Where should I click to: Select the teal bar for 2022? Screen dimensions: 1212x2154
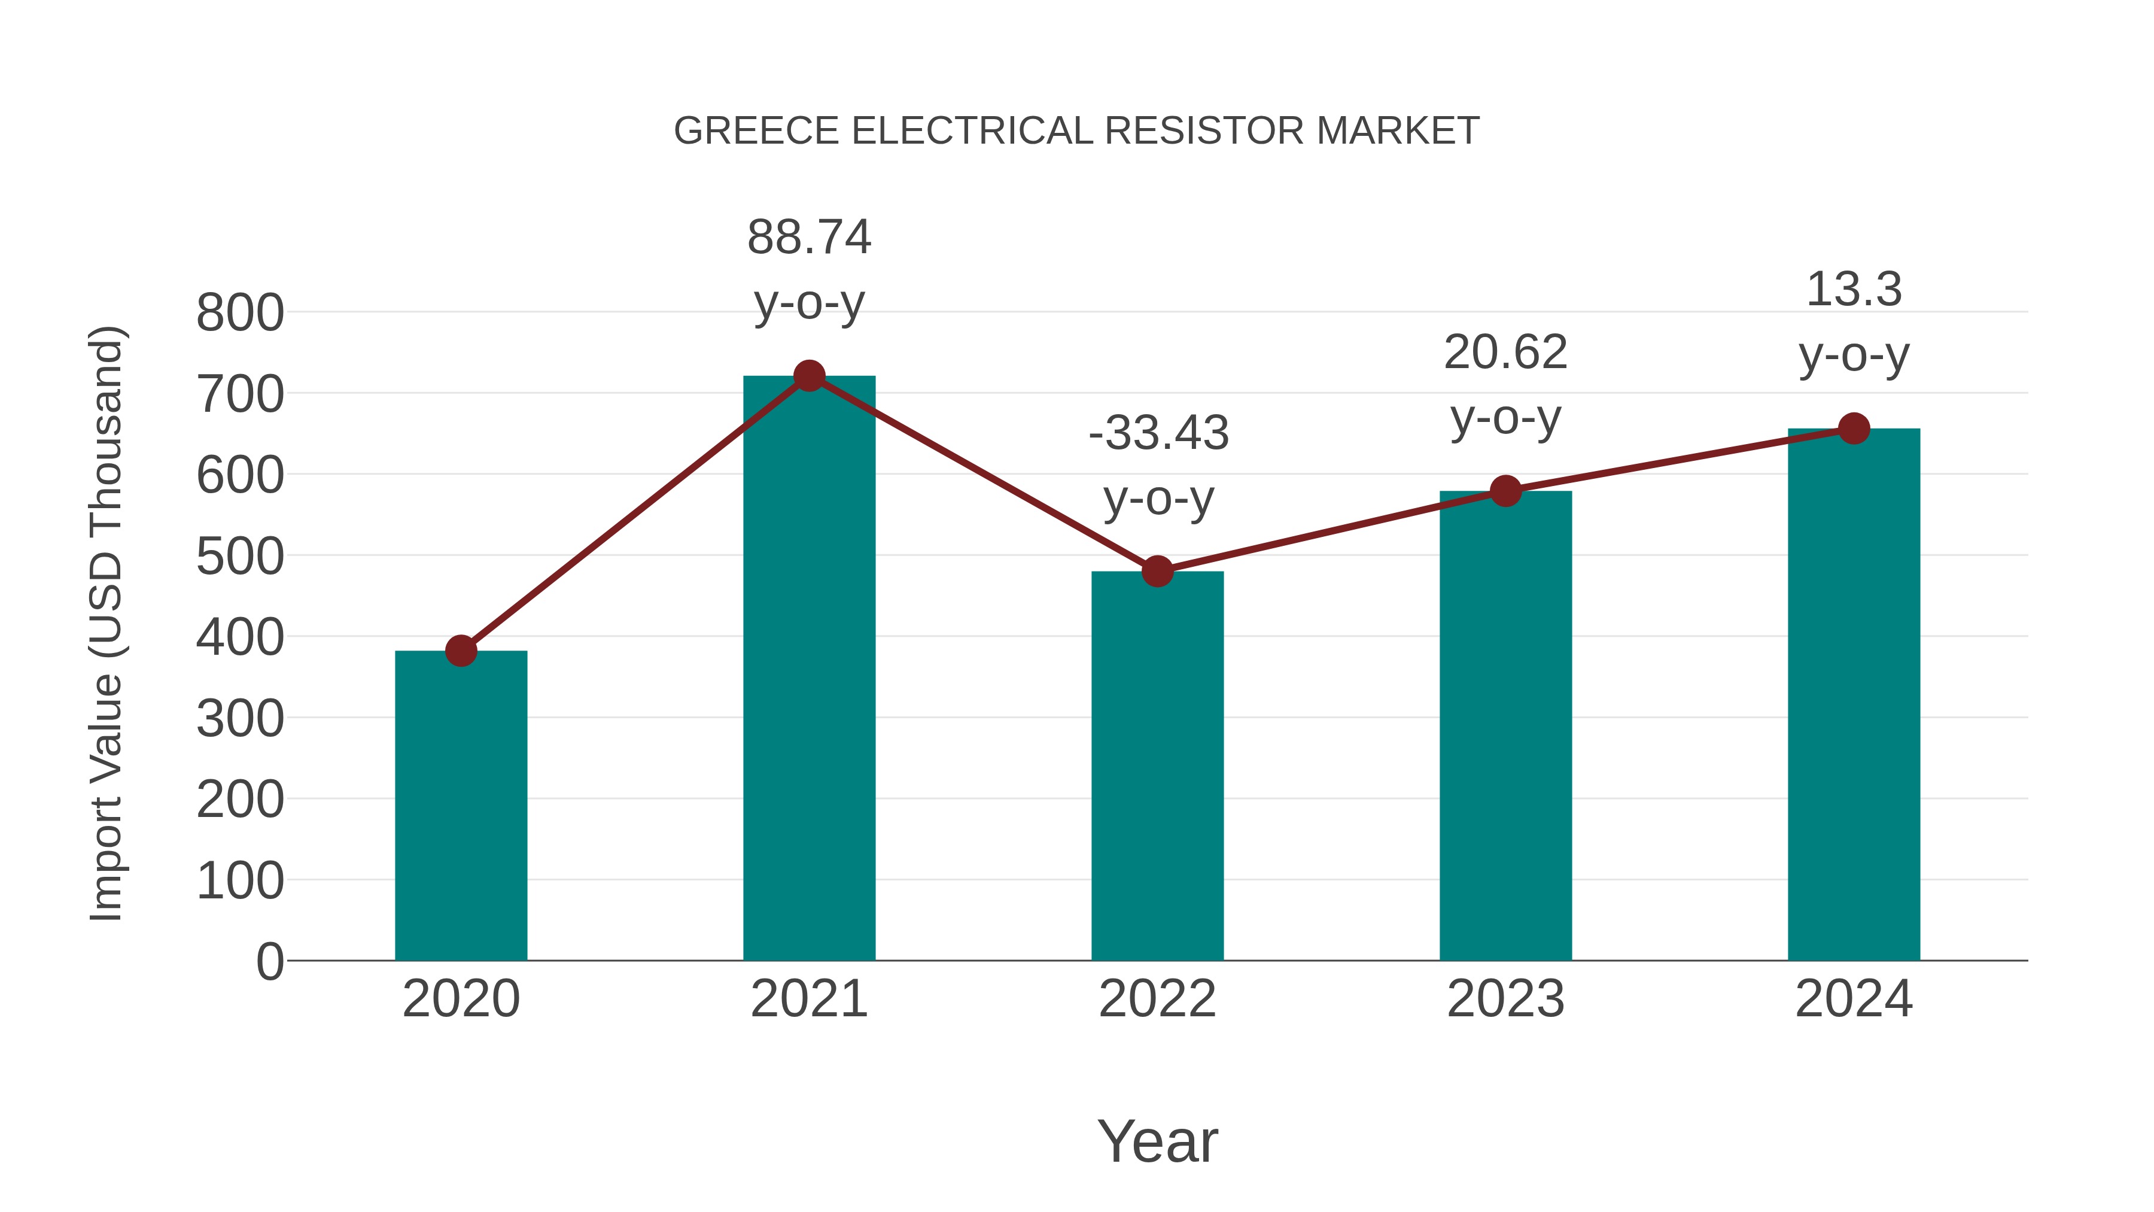[1157, 766]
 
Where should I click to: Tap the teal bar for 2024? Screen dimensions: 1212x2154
[1854, 694]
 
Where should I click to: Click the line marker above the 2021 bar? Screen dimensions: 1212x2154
[808, 376]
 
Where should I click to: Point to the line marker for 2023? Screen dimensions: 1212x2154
[1505, 491]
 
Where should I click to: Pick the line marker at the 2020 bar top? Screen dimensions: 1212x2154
[461, 650]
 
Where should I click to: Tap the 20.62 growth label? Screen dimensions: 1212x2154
[1505, 352]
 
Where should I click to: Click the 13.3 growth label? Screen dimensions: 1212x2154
[1854, 290]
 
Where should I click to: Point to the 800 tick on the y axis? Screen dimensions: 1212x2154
[240, 314]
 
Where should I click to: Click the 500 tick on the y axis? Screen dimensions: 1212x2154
[240, 557]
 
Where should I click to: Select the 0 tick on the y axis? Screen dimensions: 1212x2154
[269, 962]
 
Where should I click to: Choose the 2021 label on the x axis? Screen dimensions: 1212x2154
[808, 999]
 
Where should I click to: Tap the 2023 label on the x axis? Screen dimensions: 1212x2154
[1505, 999]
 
